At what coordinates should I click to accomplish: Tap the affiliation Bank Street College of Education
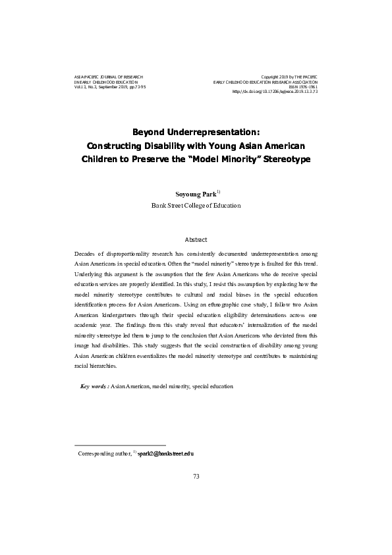[196, 206]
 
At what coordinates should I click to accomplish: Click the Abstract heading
[196, 240]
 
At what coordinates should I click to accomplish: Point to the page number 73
[196, 476]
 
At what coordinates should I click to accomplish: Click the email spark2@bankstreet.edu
[165, 454]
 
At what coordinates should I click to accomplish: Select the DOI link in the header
[275, 92]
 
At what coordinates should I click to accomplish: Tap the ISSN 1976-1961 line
[304, 87]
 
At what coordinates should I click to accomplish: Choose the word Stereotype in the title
[283, 159]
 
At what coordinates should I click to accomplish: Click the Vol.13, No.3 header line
[110, 87]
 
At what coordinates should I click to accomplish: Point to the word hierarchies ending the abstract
[106, 366]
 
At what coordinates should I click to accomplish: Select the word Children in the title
[101, 159]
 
